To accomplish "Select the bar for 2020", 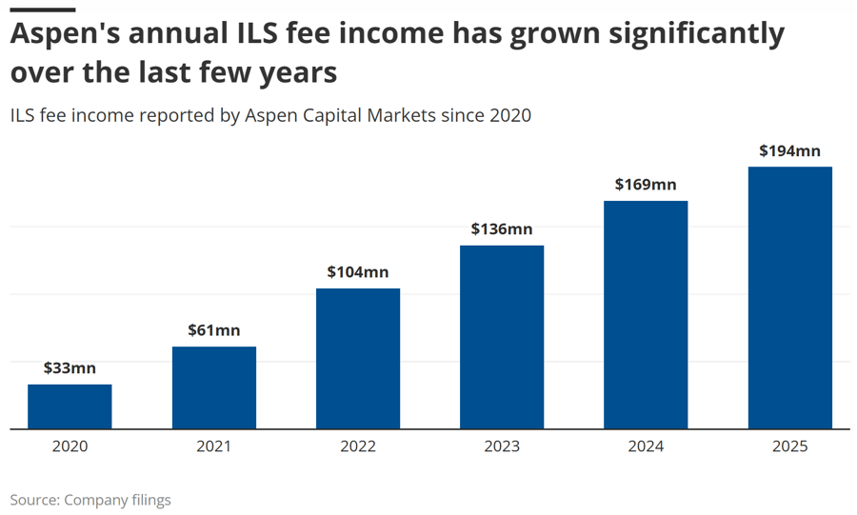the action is (70, 406).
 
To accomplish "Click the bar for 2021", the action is (214, 387).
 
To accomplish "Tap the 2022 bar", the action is (358, 359).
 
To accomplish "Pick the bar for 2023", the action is (502, 338).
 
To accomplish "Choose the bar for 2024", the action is (646, 315).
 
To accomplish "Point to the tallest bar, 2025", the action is (790, 298).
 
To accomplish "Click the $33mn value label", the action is (70, 368).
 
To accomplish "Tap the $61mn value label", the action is (214, 330).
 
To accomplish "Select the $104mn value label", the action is (358, 272).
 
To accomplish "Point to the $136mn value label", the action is (502, 228).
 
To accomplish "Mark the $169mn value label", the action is (646, 185).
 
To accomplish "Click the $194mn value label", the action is (790, 150).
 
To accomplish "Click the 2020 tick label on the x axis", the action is (70, 446).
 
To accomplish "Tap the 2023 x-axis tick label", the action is (502, 446).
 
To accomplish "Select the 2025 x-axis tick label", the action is (790, 446).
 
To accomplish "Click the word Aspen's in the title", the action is (65, 34).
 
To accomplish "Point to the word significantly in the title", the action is (697, 34).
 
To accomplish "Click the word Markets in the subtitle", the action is (402, 115).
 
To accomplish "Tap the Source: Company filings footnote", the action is (90, 501).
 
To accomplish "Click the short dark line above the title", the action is (43, 10).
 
